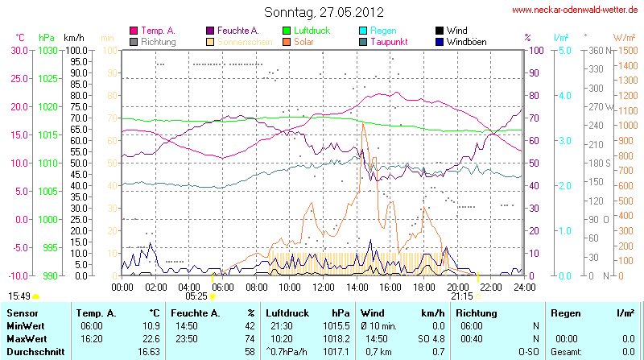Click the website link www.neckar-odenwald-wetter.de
click(576, 10)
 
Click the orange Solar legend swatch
click(287, 41)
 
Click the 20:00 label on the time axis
click(456, 287)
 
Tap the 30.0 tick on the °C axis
click(19, 50)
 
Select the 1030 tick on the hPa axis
click(47, 50)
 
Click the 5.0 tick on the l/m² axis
click(563, 50)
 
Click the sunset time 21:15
click(461, 296)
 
